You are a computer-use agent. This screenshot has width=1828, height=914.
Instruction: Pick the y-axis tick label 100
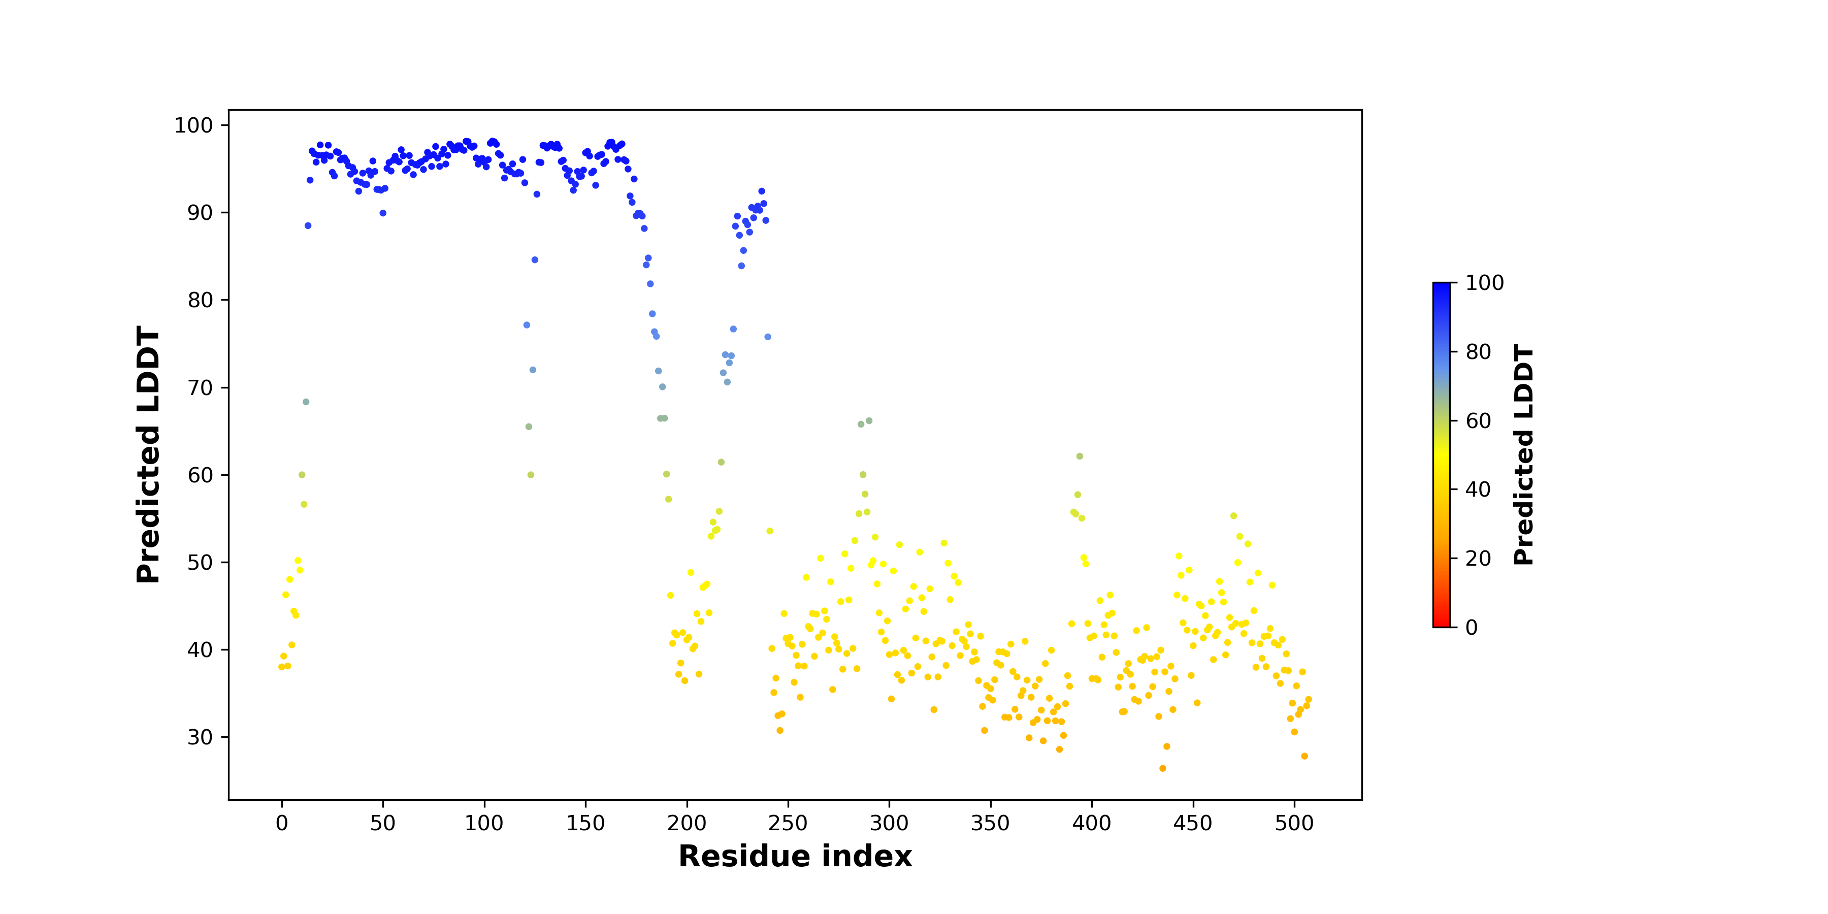point(194,125)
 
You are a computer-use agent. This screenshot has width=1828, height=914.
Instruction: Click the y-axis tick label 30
point(200,737)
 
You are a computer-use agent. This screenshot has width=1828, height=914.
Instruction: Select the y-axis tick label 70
point(200,388)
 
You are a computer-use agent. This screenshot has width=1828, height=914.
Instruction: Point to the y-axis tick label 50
point(200,563)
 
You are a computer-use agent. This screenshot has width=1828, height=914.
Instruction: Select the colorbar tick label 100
point(1485,283)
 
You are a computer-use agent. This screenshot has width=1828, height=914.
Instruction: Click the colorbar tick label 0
point(1472,627)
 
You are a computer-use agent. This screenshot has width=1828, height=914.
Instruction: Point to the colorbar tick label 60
point(1478,421)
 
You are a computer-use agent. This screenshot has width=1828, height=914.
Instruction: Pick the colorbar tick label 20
point(1478,559)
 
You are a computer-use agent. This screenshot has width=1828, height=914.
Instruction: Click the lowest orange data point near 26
point(1162,769)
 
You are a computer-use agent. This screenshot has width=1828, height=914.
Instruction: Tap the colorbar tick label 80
point(1478,352)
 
